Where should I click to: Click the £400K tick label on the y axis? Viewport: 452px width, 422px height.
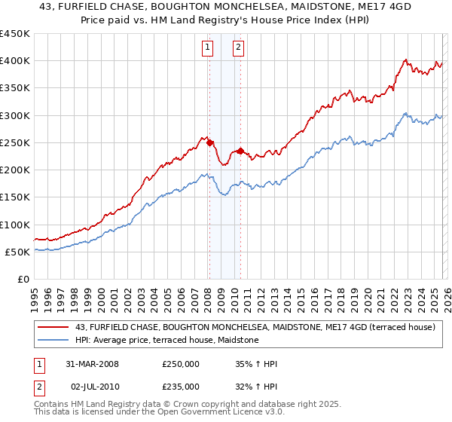click(x=15, y=61)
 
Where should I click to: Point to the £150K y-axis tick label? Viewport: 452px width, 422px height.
click(x=15, y=197)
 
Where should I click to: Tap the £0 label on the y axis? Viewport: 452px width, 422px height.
click(x=23, y=280)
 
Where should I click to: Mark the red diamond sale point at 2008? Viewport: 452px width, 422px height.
click(x=210, y=142)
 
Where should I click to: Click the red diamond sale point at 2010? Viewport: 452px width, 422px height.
click(x=240, y=151)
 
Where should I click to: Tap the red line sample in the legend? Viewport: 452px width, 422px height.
click(x=53, y=327)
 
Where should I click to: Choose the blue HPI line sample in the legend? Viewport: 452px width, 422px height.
click(x=53, y=341)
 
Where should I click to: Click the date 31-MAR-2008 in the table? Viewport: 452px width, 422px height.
click(x=92, y=364)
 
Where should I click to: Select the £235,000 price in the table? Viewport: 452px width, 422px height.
click(x=181, y=385)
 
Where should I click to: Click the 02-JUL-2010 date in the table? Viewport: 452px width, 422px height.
click(x=92, y=385)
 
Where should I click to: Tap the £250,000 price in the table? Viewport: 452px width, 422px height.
click(x=181, y=364)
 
